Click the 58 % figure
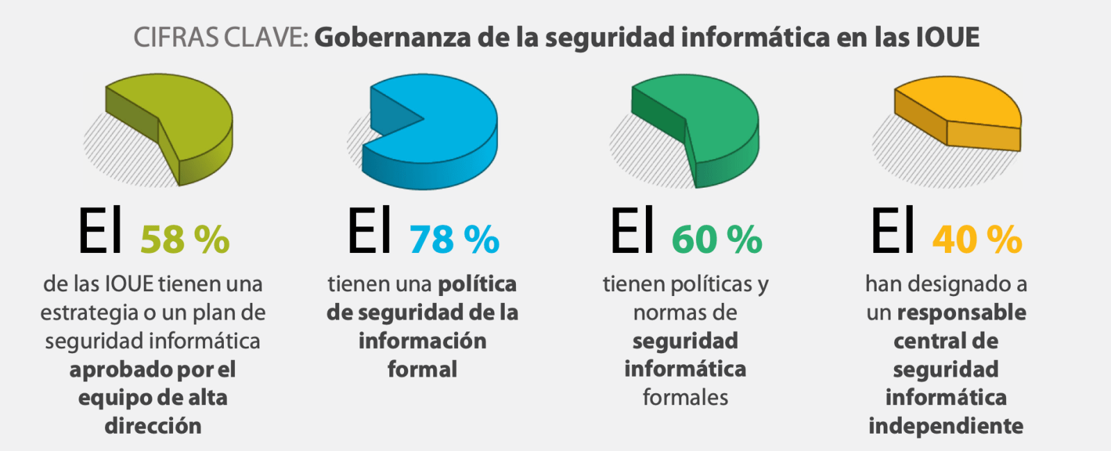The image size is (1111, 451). tap(185, 240)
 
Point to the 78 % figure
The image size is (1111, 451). tap(454, 240)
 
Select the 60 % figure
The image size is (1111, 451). tap(717, 240)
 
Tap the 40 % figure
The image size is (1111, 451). tap(977, 240)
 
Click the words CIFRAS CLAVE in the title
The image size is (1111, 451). tap(220, 38)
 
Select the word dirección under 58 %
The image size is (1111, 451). tap(153, 426)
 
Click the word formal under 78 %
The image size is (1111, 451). tap(422, 369)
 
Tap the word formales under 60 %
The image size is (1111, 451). tap(686, 397)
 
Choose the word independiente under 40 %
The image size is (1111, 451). tap(946, 426)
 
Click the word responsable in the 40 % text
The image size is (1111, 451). tap(962, 313)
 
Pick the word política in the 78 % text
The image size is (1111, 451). tap(477, 284)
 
